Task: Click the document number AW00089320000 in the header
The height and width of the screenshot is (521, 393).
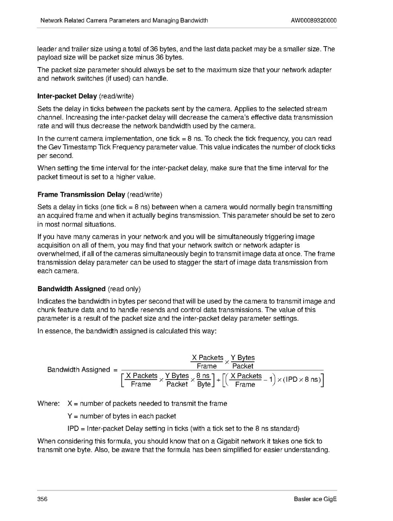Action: pyautogui.click(x=314, y=20)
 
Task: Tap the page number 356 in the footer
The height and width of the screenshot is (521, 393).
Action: pyautogui.click(x=42, y=499)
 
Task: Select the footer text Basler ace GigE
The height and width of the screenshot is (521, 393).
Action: pyautogui.click(x=315, y=499)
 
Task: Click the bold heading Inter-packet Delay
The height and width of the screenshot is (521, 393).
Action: pyautogui.click(x=67, y=96)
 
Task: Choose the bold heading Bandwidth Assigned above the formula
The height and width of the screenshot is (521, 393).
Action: pyautogui.click(x=71, y=289)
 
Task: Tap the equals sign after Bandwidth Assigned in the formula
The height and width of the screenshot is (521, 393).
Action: pyautogui.click(x=115, y=370)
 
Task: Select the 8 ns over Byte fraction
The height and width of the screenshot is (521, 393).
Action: pyautogui.click(x=203, y=380)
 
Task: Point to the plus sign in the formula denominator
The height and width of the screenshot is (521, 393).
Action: pyautogui.click(x=218, y=380)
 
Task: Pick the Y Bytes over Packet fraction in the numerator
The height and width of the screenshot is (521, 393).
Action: pyautogui.click(x=243, y=362)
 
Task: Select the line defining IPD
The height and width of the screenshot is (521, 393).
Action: pyautogui.click(x=183, y=428)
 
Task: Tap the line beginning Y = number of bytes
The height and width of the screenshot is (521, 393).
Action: pyautogui.click(x=122, y=416)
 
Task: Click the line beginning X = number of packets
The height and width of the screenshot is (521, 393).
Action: pyautogui.click(x=147, y=403)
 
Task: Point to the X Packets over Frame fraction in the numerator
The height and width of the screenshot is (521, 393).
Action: pyautogui.click(x=207, y=362)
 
